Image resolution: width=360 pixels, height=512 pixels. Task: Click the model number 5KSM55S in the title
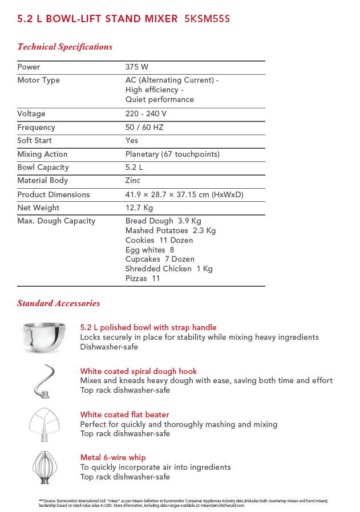coord(207,19)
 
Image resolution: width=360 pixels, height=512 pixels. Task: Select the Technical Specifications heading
coord(64,47)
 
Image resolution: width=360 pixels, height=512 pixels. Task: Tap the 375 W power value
coord(137,67)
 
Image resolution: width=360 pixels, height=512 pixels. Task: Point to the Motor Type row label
coord(38,80)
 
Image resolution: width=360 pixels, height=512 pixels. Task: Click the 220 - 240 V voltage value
coord(146,114)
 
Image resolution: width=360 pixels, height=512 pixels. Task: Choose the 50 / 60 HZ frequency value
coord(144,128)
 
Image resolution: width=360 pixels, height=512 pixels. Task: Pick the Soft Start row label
coord(34,141)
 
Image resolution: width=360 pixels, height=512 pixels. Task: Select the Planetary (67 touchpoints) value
coord(172,155)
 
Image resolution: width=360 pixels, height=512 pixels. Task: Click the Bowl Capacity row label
coord(43,168)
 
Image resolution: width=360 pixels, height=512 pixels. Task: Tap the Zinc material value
coord(133,181)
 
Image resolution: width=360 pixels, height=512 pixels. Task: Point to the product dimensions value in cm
coord(184,195)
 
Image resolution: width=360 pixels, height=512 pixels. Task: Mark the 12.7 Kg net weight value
coord(139,208)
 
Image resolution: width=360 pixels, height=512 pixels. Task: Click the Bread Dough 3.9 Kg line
coord(163,221)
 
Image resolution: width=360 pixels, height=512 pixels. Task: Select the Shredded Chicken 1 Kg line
coord(169,269)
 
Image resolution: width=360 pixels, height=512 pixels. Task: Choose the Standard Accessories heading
coord(58,303)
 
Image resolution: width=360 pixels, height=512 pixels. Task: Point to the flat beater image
coord(44,424)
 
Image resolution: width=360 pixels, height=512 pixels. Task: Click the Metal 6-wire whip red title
coord(113,458)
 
